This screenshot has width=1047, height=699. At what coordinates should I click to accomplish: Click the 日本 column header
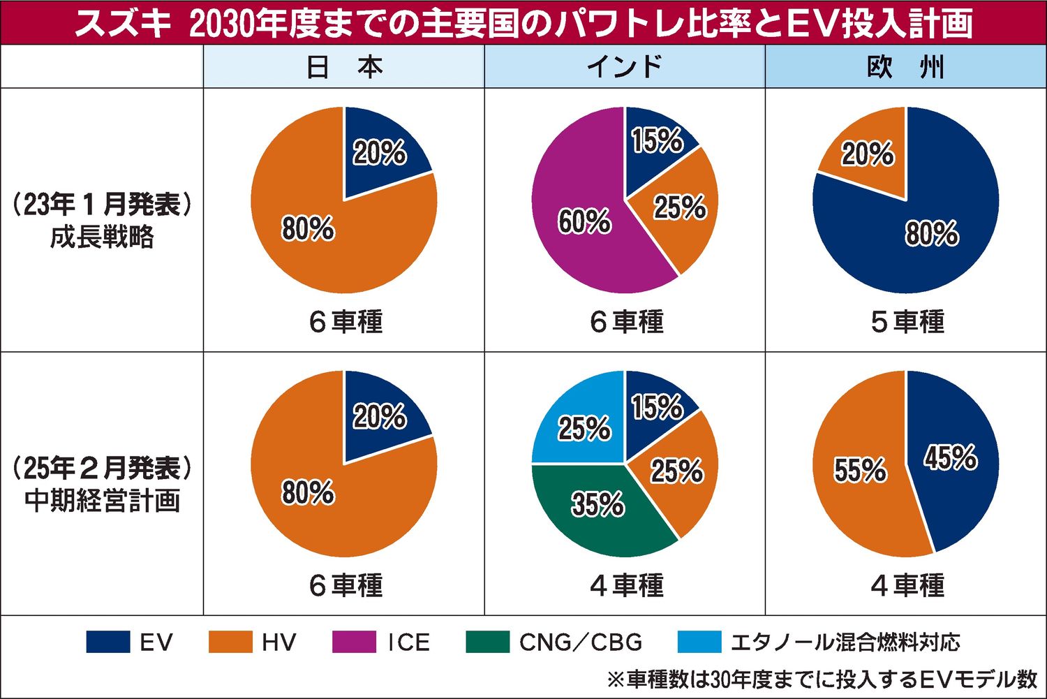click(x=344, y=67)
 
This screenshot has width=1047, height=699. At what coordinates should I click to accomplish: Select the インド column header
click(x=625, y=67)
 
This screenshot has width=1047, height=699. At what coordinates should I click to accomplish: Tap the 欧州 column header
click(x=905, y=67)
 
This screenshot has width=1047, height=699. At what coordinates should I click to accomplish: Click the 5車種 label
click(x=907, y=322)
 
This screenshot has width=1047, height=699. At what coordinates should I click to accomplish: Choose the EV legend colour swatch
click(x=108, y=642)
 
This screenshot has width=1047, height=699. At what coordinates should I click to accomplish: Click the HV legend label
click(x=279, y=642)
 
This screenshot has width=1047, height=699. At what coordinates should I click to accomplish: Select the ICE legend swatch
click(x=353, y=642)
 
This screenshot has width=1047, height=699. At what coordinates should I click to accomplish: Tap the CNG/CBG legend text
click(x=581, y=642)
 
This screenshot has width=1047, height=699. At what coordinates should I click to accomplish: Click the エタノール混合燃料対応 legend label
click(x=845, y=642)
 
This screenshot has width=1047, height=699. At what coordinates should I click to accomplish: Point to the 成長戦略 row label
click(x=102, y=237)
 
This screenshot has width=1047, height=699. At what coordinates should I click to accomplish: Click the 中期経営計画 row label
click(x=102, y=501)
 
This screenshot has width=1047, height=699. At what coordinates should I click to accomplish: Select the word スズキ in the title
click(x=121, y=24)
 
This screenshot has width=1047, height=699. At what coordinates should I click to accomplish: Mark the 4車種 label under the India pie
click(x=627, y=585)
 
